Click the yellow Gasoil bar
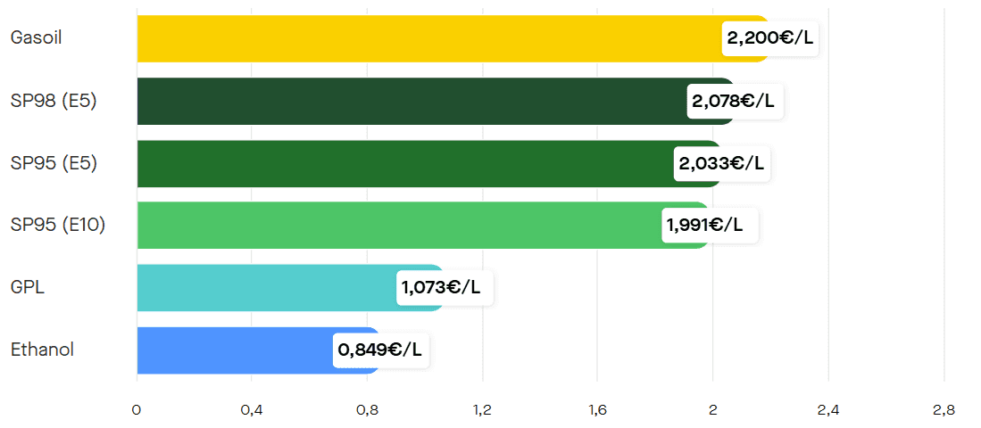(x=428, y=38)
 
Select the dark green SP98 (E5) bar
(x=411, y=101)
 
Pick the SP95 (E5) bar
(x=402, y=163)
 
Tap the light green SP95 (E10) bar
(x=397, y=225)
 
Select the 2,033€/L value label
(x=721, y=163)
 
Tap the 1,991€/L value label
(x=709, y=225)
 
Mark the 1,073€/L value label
(x=444, y=287)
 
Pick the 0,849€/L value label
(x=380, y=350)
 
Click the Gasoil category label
(x=37, y=38)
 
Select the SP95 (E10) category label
(x=58, y=225)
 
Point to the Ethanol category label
(x=42, y=350)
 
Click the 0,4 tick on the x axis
(x=252, y=410)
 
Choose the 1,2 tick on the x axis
(x=482, y=410)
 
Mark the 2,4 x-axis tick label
(x=827, y=410)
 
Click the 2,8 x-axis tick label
(x=944, y=410)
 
